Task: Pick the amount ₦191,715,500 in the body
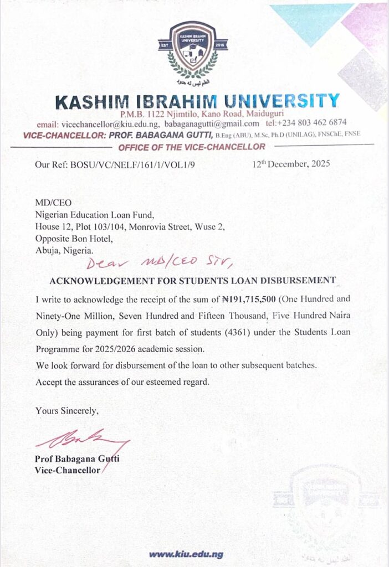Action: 253,299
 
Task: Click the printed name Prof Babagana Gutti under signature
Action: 76,459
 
